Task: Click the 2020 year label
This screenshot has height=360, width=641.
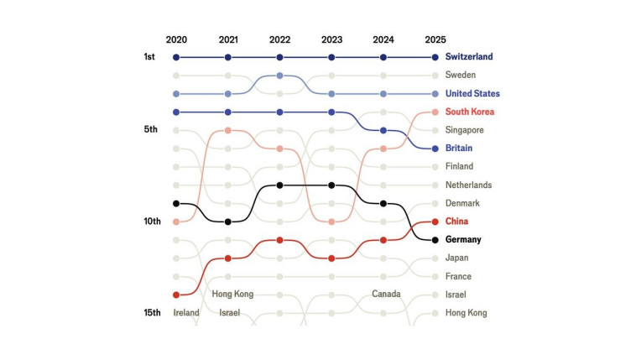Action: [176, 39]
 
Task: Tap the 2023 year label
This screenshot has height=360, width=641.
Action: [331, 39]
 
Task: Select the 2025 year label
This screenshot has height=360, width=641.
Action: [435, 39]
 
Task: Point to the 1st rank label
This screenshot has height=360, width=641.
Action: [150, 57]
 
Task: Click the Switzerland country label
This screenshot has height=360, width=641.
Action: [469, 57]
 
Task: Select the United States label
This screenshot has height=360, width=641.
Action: [472, 94]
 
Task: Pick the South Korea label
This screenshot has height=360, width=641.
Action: [470, 112]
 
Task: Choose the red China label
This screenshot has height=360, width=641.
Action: [457, 222]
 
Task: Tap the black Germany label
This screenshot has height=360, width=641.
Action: [463, 240]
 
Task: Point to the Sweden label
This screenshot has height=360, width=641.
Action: [461, 76]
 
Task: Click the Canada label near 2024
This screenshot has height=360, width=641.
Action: [386, 295]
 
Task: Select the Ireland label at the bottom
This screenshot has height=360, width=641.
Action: [186, 313]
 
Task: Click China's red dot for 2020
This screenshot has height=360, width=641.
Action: [176, 295]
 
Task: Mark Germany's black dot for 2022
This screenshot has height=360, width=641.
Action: [279, 185]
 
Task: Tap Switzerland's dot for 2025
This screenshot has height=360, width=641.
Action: [435, 57]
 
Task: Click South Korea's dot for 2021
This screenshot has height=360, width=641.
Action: [227, 130]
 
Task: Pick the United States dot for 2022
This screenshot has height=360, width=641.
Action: [279, 76]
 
